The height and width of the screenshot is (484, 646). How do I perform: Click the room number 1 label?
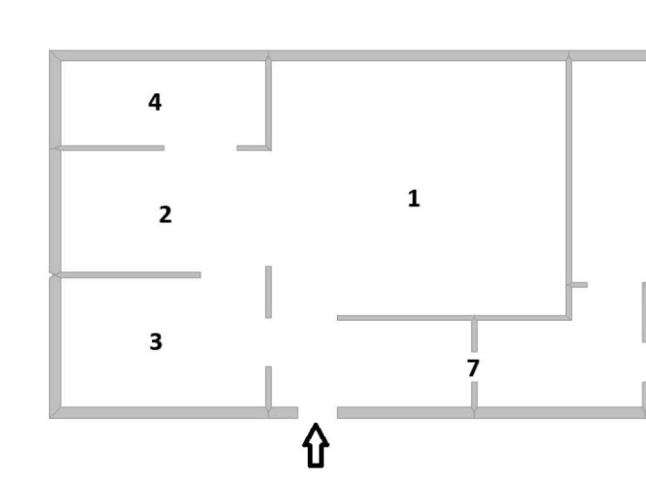point(414,199)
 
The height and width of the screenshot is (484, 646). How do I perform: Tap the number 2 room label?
point(165,214)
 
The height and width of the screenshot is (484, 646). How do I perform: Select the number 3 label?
point(156,342)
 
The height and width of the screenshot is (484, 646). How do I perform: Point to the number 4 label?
point(155,102)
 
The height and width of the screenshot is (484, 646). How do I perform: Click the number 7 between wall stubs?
point(473,368)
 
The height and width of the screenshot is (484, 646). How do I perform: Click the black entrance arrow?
point(315,446)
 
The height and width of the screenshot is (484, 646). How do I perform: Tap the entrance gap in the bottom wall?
point(318,413)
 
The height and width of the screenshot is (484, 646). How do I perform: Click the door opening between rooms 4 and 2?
point(201,147)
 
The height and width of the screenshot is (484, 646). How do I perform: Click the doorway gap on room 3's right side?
point(268,342)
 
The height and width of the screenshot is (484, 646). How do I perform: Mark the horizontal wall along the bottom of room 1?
point(454,318)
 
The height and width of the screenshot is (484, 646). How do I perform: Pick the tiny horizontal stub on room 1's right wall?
point(578,284)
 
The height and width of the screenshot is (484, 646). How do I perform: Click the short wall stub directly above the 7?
point(474,335)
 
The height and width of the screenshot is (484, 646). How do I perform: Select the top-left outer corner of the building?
point(49,50)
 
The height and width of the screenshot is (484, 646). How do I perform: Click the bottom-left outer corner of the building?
point(49,418)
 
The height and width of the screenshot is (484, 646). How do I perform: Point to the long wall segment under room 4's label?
point(110,147)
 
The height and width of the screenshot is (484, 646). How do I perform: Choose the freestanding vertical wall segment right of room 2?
point(268,292)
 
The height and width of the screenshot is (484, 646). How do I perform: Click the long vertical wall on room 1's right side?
point(568,187)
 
